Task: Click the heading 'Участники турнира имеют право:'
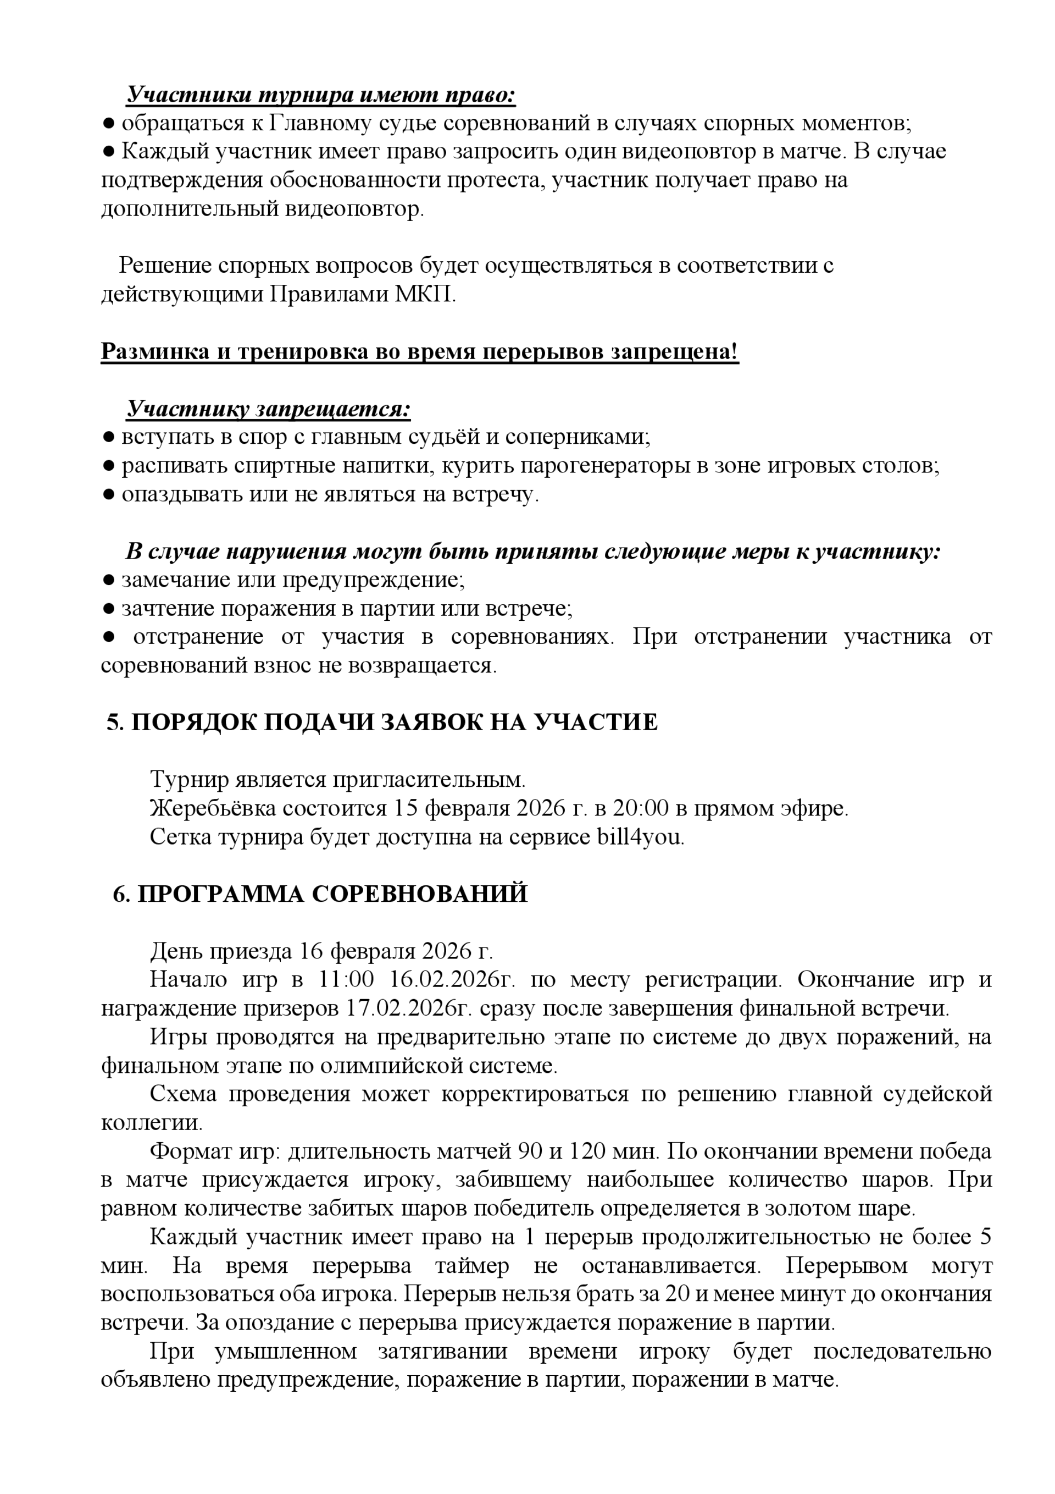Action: point(321,95)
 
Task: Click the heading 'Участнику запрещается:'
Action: point(268,409)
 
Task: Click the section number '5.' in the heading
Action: point(115,723)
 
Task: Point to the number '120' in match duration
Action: point(588,1152)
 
